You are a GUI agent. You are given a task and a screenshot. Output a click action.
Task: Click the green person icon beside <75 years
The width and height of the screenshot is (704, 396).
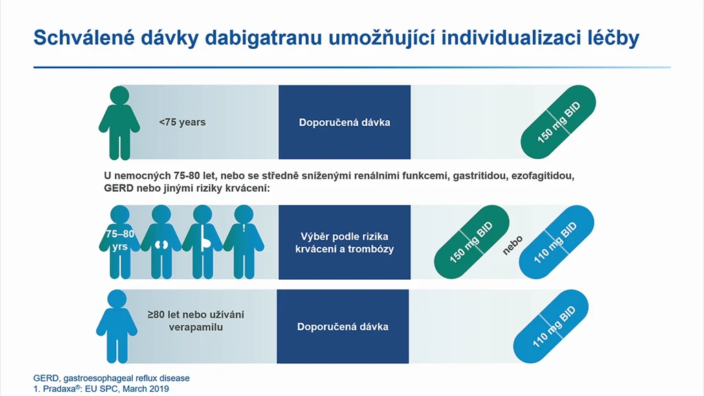119,123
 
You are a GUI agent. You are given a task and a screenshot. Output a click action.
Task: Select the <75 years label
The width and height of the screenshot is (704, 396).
182,122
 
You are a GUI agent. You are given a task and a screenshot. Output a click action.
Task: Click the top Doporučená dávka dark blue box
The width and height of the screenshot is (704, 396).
344,122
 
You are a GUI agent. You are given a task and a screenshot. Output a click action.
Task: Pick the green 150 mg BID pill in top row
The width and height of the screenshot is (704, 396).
558,122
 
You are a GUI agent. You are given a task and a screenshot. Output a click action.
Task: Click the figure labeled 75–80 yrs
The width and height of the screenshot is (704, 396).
120,242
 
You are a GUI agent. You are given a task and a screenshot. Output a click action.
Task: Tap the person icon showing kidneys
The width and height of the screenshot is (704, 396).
161,242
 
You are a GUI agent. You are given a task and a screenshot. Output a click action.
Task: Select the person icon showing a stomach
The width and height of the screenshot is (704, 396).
202,242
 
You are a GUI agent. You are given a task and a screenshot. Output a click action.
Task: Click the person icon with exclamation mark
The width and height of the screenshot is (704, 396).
243,242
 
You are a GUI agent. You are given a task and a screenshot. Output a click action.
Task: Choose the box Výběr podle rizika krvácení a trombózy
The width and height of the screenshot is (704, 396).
344,243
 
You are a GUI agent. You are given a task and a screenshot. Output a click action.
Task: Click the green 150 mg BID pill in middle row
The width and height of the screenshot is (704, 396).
472,242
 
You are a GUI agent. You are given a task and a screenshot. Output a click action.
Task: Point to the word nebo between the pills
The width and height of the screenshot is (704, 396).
512,245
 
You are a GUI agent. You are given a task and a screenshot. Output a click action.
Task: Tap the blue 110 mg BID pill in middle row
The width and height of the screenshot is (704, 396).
556,242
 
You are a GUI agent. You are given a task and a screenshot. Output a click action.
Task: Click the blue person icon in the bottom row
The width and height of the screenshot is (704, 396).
117,327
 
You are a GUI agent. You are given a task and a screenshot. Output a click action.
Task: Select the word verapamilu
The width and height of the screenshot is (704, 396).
196,327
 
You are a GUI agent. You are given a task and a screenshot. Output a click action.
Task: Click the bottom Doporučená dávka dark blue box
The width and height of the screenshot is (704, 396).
342,327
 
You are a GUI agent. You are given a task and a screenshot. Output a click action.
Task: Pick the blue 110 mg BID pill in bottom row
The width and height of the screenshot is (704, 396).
551,327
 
